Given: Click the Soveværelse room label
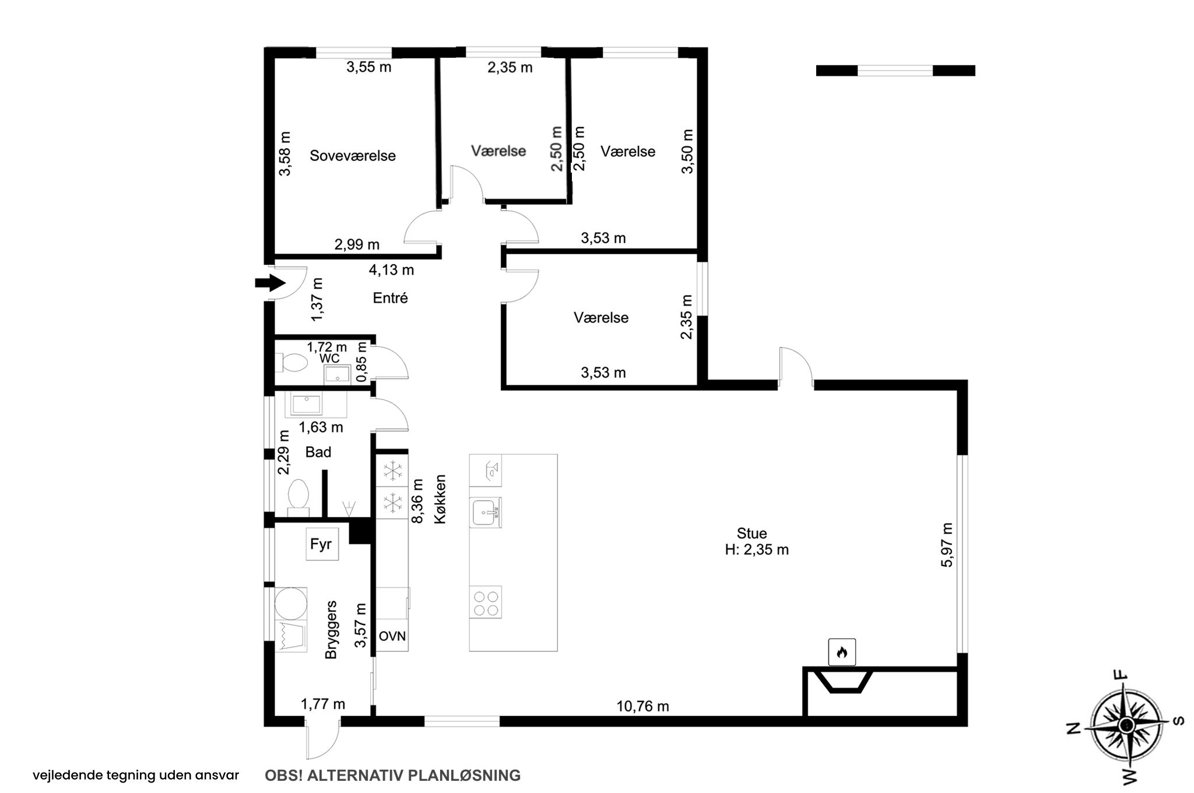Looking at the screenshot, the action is (x=353, y=156).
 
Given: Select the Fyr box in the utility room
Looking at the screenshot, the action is (x=322, y=544).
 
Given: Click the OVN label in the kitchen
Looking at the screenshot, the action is (x=392, y=636).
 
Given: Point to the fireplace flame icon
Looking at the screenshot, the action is (x=842, y=652).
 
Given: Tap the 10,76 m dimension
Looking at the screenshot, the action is (x=642, y=707).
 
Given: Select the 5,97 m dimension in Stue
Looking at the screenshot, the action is (x=947, y=545).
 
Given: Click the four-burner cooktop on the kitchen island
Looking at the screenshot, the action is (x=486, y=602).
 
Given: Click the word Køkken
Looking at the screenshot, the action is (x=440, y=499).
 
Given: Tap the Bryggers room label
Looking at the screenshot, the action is (x=331, y=630).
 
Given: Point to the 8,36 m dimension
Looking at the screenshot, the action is (x=417, y=501).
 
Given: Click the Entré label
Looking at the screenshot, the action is (x=390, y=298).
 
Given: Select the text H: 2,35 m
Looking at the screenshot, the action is (x=757, y=550).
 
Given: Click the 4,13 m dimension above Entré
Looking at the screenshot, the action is (x=391, y=270).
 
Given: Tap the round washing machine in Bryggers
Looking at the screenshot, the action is (x=290, y=603).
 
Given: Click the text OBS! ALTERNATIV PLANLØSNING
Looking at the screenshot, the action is (x=392, y=776).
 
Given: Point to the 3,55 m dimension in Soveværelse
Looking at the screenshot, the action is (x=369, y=67).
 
